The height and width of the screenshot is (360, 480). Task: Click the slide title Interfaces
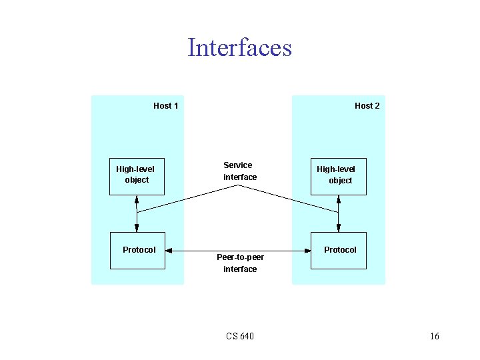pyautogui.click(x=239, y=48)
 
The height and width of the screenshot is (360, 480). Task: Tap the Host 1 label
pyautogui.click(x=165, y=105)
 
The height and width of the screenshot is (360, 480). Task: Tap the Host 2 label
pyautogui.click(x=367, y=105)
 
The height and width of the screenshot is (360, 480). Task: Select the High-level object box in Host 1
pyautogui.click(x=137, y=176)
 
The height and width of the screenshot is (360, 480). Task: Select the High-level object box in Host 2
pyautogui.click(x=339, y=177)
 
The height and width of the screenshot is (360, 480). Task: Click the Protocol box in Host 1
pyautogui.click(x=137, y=251)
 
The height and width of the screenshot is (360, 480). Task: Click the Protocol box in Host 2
pyautogui.click(x=339, y=251)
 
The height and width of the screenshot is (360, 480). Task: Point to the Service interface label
pyautogui.click(x=239, y=171)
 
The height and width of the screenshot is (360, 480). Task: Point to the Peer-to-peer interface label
pyautogui.click(x=240, y=263)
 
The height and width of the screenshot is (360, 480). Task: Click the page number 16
pyautogui.click(x=434, y=336)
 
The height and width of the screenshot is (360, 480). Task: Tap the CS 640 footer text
pyautogui.click(x=239, y=336)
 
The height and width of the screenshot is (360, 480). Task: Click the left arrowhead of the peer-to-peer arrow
pyautogui.click(x=169, y=251)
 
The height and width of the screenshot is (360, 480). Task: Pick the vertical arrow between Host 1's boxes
pyautogui.click(x=137, y=213)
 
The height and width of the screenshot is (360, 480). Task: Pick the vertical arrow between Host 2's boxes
pyautogui.click(x=339, y=213)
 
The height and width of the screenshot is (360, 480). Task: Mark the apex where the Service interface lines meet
pyautogui.click(x=239, y=185)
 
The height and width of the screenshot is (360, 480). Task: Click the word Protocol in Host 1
pyautogui.click(x=139, y=250)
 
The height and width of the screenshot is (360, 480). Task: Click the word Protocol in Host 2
pyautogui.click(x=340, y=250)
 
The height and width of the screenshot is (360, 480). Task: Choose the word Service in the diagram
pyautogui.click(x=238, y=165)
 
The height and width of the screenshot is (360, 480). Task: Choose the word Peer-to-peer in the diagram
pyautogui.click(x=240, y=257)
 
